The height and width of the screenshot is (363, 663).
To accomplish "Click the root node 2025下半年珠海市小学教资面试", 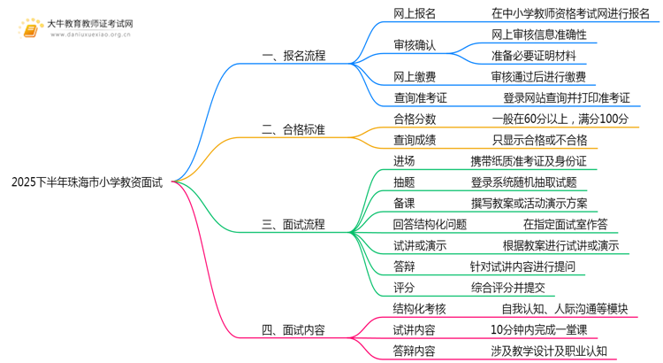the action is (87, 182).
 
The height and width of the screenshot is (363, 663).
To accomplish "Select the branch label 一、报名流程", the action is (293, 56).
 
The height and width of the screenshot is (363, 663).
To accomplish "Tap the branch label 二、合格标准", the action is (293, 129).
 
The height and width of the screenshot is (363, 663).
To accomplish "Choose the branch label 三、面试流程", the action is (293, 225).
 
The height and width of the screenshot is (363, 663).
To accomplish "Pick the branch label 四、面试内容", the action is (293, 330).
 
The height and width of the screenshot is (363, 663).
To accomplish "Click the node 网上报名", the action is (415, 13).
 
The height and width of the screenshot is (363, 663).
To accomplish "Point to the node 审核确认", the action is (415, 45).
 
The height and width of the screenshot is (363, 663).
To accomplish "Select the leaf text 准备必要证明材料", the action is (534, 56).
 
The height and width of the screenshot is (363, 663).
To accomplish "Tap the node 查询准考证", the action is (420, 98).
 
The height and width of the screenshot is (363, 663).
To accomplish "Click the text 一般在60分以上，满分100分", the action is (560, 119).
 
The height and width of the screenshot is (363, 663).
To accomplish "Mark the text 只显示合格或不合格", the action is (539, 140).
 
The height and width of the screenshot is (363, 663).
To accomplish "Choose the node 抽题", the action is (404, 182).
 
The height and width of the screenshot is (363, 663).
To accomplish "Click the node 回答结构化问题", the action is (430, 225).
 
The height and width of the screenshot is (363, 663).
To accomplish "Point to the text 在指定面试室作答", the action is (566, 225).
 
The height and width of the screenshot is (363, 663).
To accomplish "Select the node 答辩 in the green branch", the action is (404, 266).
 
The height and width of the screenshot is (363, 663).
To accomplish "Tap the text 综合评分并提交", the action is (507, 288).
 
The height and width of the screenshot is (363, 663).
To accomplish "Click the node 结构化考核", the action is (419, 309).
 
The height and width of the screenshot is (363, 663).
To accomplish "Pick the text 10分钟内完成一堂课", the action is (538, 330).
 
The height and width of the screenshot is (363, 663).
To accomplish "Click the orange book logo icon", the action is (30, 29).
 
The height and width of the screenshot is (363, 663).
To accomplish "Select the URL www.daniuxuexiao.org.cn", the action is (90, 35).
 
